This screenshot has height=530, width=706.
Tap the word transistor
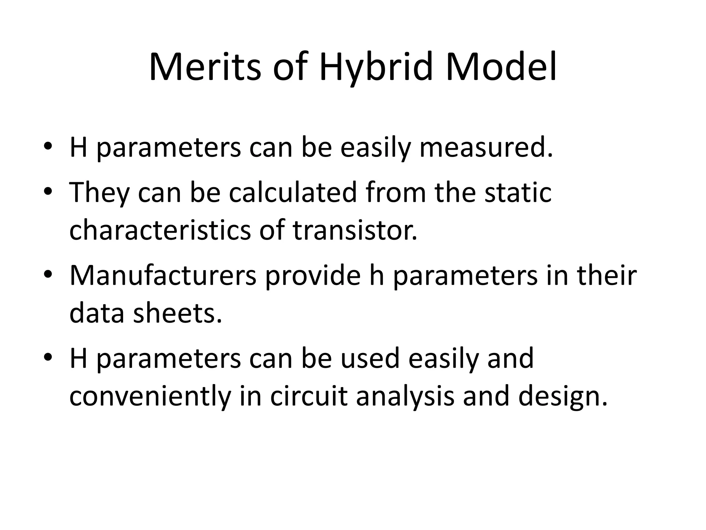[355, 230]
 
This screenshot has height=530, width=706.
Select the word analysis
[405, 397]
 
